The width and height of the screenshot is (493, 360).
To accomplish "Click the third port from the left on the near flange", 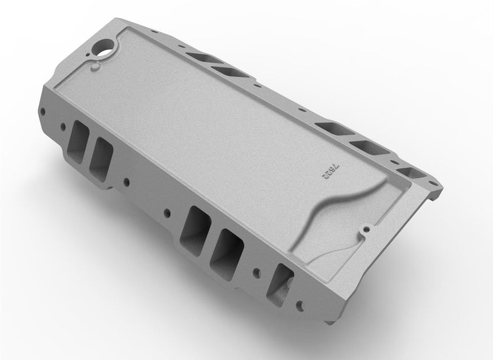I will point(197,224).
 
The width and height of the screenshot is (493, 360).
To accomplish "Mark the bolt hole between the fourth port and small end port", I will point(256,272).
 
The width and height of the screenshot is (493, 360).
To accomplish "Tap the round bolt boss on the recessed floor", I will point(367,229).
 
